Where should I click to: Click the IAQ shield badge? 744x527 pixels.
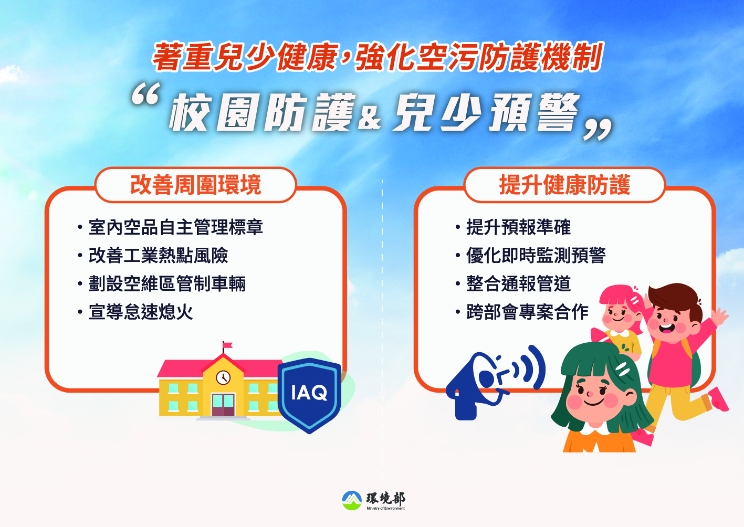coord(309,395)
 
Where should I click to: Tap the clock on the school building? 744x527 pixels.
coord(223,377)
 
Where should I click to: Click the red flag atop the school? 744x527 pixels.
coord(227,345)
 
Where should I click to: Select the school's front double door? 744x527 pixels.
coord(223,405)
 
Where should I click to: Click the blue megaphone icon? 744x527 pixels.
coord(495,382)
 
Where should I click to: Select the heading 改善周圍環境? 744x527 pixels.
coord(196,185)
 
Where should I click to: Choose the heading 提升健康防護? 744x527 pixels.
coord(564,185)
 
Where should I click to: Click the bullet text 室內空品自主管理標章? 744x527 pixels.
coord(176,227)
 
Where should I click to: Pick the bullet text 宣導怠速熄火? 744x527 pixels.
coord(141,312)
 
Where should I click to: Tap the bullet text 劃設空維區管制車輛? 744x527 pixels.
coord(167,284)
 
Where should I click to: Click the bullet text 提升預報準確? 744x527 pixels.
coord(518,227)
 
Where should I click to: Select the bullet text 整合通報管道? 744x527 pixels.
coord(518,284)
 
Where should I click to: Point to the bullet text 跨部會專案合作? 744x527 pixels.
coord(527,312)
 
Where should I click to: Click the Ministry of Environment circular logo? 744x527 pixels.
coord(352,500)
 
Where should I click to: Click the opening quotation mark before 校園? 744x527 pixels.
coord(146,94)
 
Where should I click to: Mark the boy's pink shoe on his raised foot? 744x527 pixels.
coord(718,399)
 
